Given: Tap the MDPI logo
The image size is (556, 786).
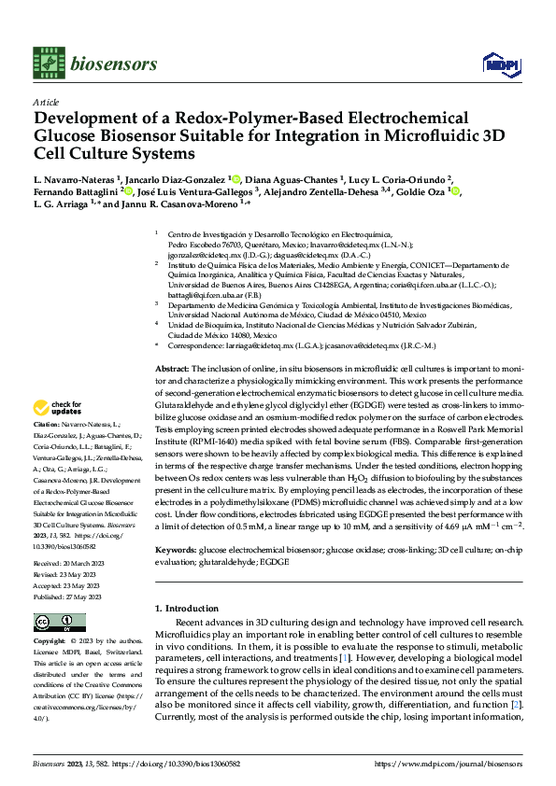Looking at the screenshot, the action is (496, 64).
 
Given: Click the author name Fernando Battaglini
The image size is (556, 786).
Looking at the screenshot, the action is (78, 191).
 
